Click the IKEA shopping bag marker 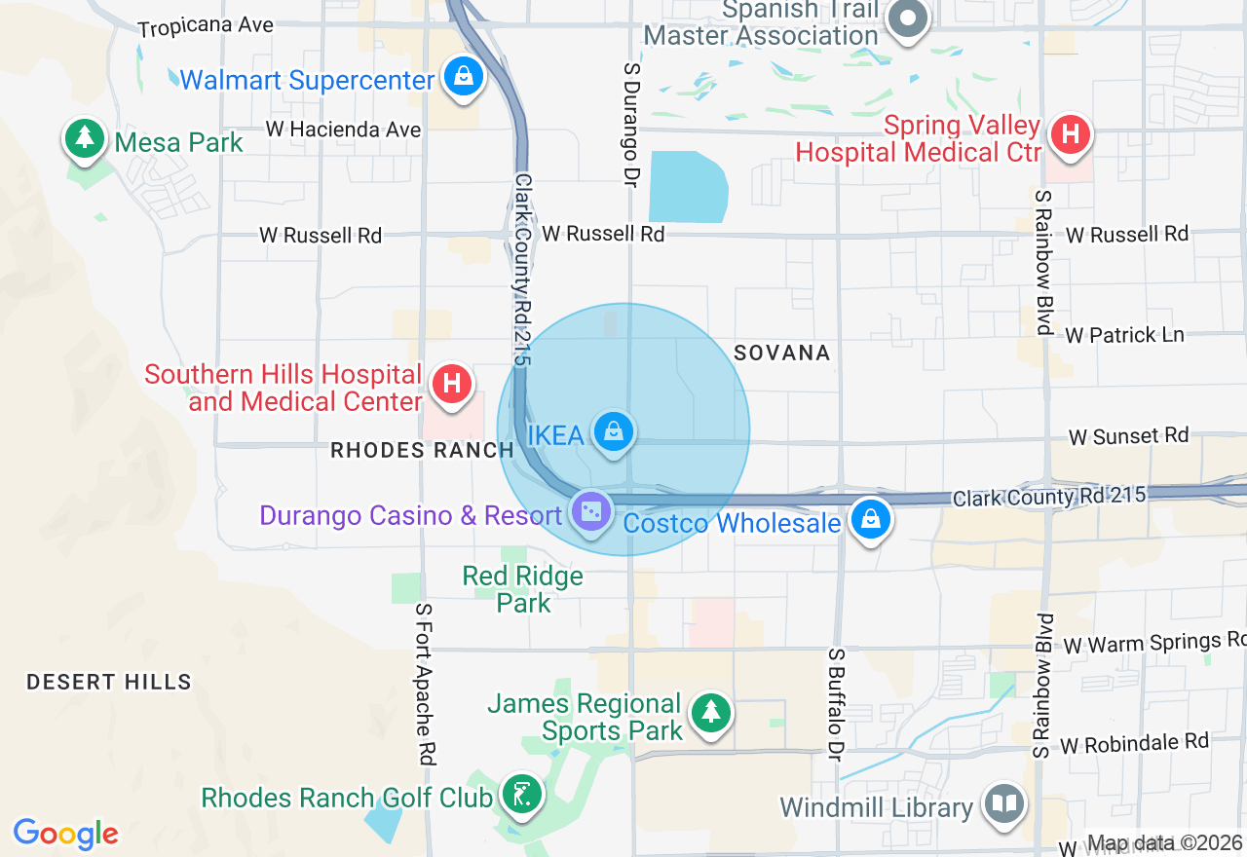click(x=613, y=431)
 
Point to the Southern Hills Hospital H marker click(x=452, y=384)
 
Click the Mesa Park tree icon click(x=86, y=138)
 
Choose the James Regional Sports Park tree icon click(x=711, y=712)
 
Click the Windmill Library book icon click(x=1003, y=804)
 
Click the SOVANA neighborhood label click(x=782, y=353)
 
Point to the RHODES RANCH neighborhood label click(x=422, y=450)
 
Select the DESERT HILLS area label click(x=109, y=682)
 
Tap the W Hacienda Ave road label click(x=343, y=130)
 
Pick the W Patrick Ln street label click(x=1124, y=335)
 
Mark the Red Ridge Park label click(x=523, y=589)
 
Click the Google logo click(x=65, y=834)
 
